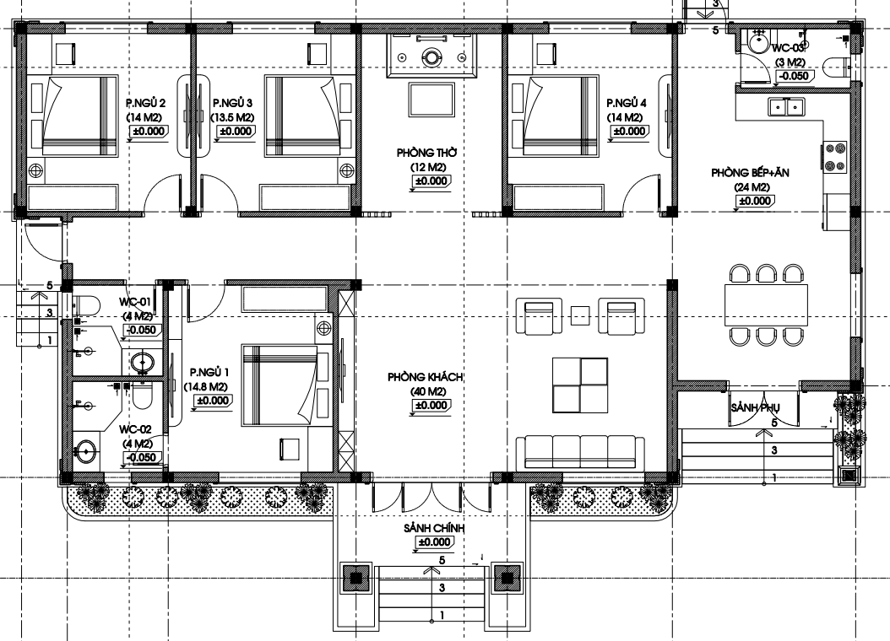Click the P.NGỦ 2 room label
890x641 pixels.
coord(145,103)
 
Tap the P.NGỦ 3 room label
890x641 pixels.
coord(233,103)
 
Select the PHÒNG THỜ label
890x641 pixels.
coord(426,153)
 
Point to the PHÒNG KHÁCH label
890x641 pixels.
coord(426,377)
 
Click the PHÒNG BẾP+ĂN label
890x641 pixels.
coord(750,172)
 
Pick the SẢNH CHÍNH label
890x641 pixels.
coord(434,528)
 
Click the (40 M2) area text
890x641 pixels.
coord(429,391)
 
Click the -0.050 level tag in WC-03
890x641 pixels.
coord(794,76)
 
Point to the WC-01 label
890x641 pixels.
coord(135,301)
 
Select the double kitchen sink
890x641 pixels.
coord(785,106)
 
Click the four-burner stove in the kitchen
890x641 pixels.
coord(835,157)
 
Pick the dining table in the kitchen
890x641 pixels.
coord(766,305)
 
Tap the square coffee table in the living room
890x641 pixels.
coord(580,385)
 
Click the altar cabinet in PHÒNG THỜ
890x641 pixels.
coord(432,55)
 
